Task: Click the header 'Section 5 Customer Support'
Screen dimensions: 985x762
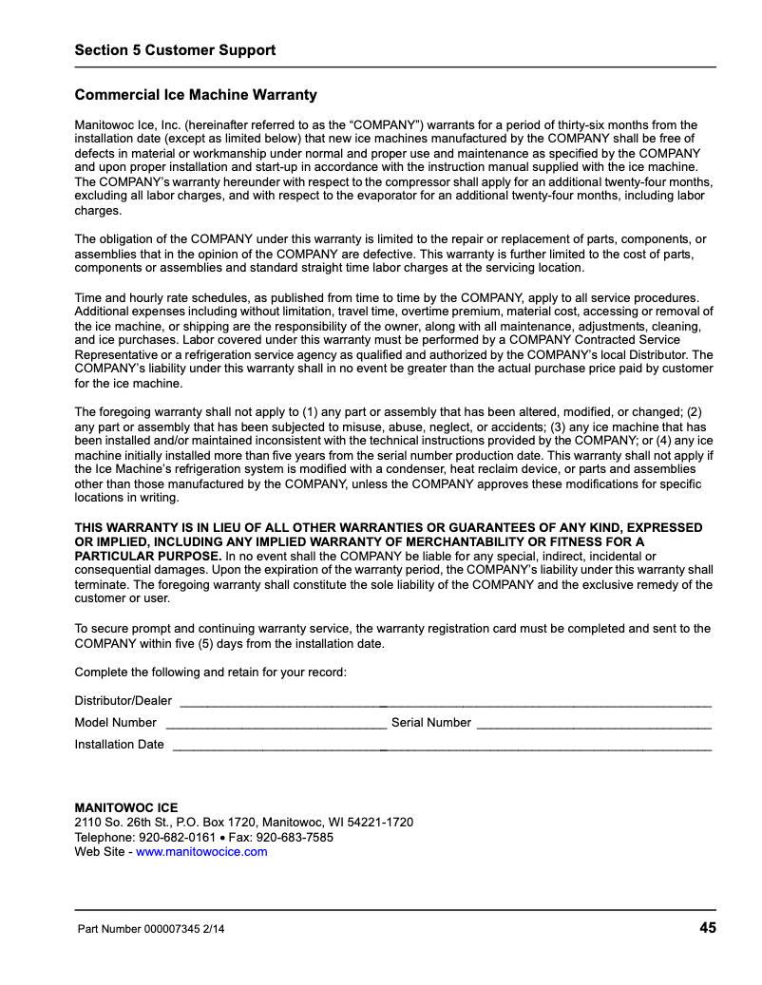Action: (175, 50)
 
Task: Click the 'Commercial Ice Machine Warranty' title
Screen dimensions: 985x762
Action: (196, 95)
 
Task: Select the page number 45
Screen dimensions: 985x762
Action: (708, 928)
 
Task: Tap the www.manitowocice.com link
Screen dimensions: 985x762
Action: (201, 852)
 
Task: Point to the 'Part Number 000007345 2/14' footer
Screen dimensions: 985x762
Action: (151, 929)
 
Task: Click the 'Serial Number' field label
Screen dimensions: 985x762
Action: (431, 723)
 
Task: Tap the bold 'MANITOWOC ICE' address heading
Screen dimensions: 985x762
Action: (126, 808)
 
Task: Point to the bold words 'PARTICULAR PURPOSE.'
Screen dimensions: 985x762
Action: (148, 556)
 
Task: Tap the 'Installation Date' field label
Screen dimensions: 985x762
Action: (120, 745)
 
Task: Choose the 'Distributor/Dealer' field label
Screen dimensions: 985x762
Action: (124, 701)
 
